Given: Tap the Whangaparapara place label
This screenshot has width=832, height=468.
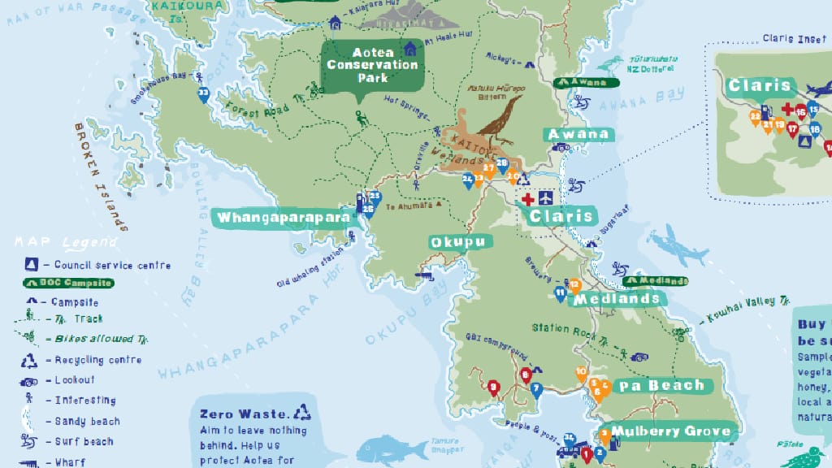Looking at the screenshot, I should pos(282,218).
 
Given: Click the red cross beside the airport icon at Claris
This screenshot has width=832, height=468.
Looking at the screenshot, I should pos(527,198).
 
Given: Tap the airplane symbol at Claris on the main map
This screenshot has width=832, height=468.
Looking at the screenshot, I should pos(545,198).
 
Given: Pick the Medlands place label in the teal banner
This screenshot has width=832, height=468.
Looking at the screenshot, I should pos(617,298).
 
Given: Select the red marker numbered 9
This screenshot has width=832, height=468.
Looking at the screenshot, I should pos(492,387).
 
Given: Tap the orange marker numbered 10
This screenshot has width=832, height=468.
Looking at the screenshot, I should pos(581,373).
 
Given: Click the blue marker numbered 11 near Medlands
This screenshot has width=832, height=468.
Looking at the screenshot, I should pos(560,292).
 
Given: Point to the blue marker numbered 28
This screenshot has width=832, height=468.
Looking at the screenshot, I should pos(502,164).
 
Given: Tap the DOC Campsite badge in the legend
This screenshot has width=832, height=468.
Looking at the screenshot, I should pos(67,283).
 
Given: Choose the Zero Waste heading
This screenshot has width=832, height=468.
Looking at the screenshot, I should pos(243,414).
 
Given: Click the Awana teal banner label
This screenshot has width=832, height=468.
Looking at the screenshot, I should pos(578,134).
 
